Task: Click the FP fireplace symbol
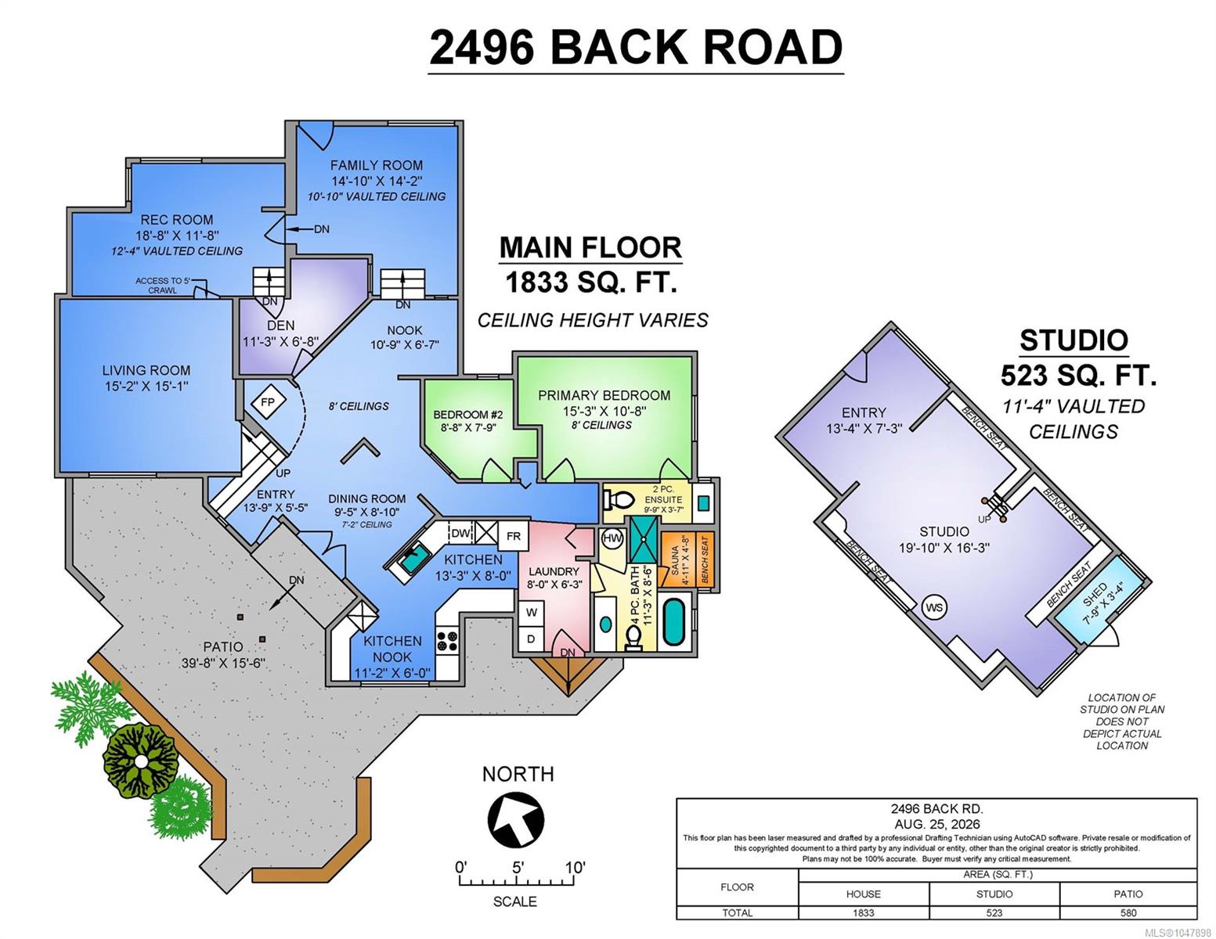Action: [x=268, y=401]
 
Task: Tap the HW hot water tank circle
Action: [x=613, y=538]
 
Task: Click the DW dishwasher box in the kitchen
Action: [x=461, y=533]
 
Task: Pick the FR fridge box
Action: [x=514, y=536]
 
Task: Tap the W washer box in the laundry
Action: [x=532, y=613]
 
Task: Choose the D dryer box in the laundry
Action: [x=532, y=639]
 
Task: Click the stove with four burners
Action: [x=447, y=641]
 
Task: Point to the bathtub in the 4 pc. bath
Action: [x=673, y=622]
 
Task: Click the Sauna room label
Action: [x=676, y=560]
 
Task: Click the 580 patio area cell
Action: [x=1128, y=912]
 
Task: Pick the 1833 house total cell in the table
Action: [x=863, y=912]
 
